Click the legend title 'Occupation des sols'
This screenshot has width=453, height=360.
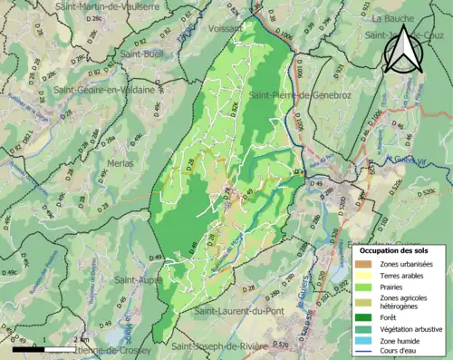click(396, 249)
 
